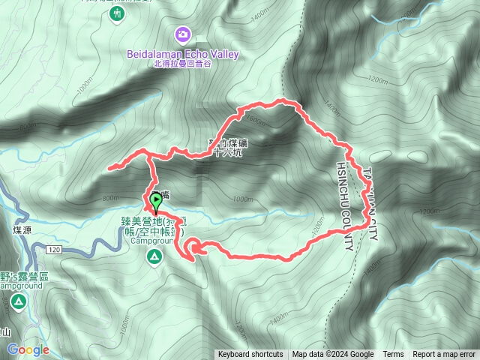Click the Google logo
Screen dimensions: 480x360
click(x=28, y=349)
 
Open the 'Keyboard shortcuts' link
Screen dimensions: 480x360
click(x=250, y=355)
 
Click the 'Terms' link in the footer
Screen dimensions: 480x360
click(x=393, y=355)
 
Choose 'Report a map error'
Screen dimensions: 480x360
click(x=444, y=355)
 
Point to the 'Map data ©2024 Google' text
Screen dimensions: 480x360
click(x=333, y=355)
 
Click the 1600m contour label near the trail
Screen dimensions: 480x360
click(x=254, y=119)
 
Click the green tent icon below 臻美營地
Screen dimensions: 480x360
click(x=154, y=258)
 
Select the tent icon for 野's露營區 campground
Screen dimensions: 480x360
click(x=18, y=302)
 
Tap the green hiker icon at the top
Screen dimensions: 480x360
click(x=117, y=13)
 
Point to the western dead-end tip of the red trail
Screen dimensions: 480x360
click(x=110, y=168)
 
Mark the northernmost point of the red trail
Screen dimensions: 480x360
click(x=281, y=100)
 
